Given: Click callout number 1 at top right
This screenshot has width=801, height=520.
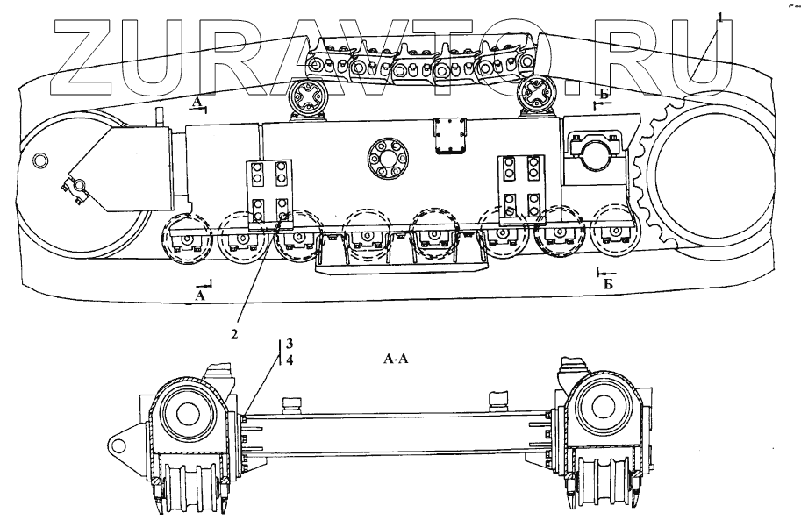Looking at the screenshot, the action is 720,18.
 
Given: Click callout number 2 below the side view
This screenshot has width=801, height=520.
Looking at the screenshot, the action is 234,335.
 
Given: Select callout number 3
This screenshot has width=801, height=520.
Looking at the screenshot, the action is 290,343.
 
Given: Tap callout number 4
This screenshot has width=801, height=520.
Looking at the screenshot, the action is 290,360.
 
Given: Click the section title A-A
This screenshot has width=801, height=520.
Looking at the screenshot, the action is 396,360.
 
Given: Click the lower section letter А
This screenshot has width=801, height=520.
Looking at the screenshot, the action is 200,296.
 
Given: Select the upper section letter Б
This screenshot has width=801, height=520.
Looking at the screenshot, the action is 604,93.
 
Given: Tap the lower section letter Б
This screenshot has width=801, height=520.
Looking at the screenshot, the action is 608,284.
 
